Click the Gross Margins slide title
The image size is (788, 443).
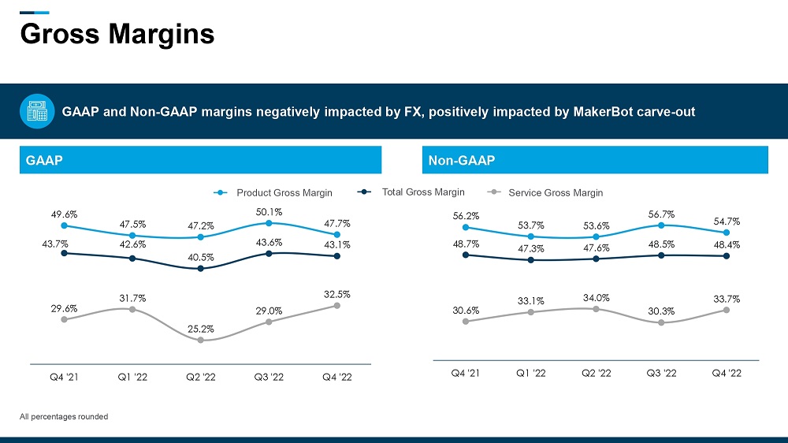(x=117, y=34)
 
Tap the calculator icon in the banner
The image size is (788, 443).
(x=36, y=111)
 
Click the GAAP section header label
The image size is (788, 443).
(x=44, y=161)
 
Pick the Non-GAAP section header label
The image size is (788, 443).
(x=461, y=161)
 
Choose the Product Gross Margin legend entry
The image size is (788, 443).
(x=284, y=192)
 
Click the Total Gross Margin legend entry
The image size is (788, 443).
(x=423, y=192)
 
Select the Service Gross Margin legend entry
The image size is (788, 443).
(x=556, y=192)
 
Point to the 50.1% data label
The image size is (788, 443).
(x=269, y=211)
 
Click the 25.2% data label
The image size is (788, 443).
(x=201, y=328)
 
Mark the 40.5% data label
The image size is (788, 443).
(x=201, y=256)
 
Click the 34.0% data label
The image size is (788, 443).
(x=596, y=297)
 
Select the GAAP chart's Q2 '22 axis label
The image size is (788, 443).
(x=200, y=377)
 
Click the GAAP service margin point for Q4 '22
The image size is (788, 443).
(x=337, y=305)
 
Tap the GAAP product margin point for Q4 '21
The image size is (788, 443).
(x=64, y=225)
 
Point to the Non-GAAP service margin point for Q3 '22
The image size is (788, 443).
(x=661, y=322)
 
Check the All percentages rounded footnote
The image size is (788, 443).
(x=64, y=416)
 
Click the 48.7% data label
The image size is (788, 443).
(x=466, y=244)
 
